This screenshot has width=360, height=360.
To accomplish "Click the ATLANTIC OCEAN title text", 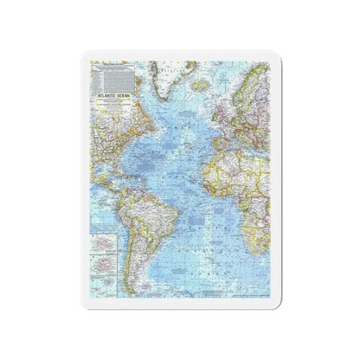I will tap(116, 98).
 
